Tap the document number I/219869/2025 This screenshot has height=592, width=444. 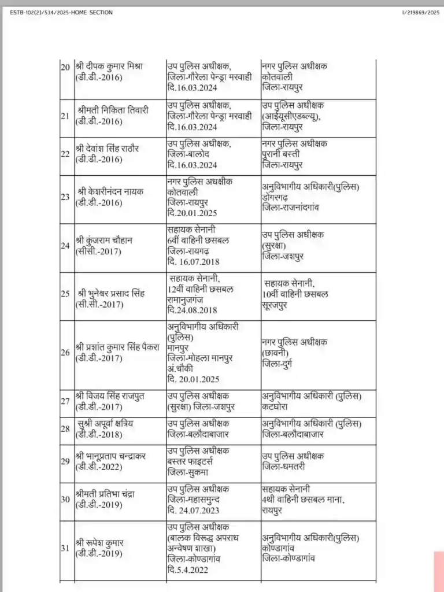click(x=421, y=12)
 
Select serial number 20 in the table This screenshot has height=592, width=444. click(x=65, y=67)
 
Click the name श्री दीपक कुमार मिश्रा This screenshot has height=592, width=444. click(x=109, y=66)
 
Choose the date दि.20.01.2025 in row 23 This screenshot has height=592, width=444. click(x=191, y=212)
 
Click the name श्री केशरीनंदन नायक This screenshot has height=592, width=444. click(x=110, y=191)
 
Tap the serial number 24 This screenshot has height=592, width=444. click(x=65, y=245)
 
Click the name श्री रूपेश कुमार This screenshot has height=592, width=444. click(x=100, y=543)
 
